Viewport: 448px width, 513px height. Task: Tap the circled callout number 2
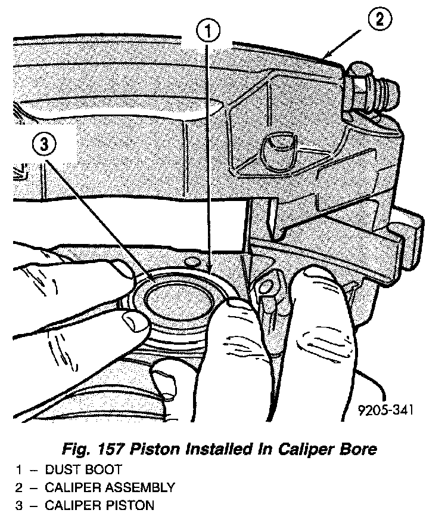pos(380,20)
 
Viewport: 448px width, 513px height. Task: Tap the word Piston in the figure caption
pos(170,449)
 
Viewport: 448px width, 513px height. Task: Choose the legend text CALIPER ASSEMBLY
pos(110,487)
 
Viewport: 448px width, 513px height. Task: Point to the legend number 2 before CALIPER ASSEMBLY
pos(19,487)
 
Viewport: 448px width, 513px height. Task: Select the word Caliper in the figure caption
pos(312,449)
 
